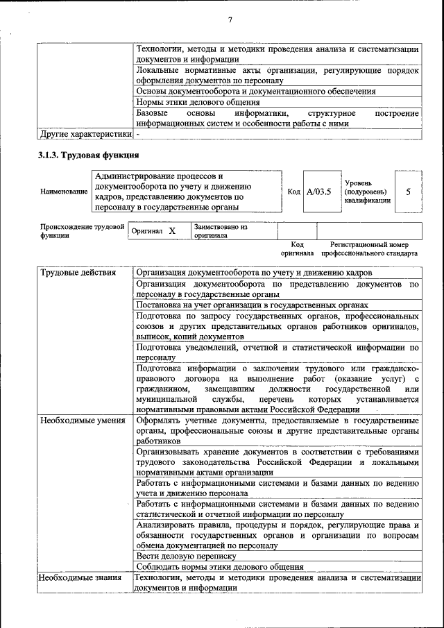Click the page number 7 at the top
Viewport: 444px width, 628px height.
[229, 19]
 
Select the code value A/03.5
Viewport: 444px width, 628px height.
[319, 191]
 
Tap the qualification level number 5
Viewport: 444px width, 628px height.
[408, 191]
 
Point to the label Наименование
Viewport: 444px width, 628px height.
[63, 191]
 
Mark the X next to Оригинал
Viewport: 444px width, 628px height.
[172, 231]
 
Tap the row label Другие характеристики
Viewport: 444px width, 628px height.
[85, 133]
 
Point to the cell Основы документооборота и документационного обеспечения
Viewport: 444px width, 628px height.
[256, 91]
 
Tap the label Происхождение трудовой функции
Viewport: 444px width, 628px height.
[81, 231]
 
